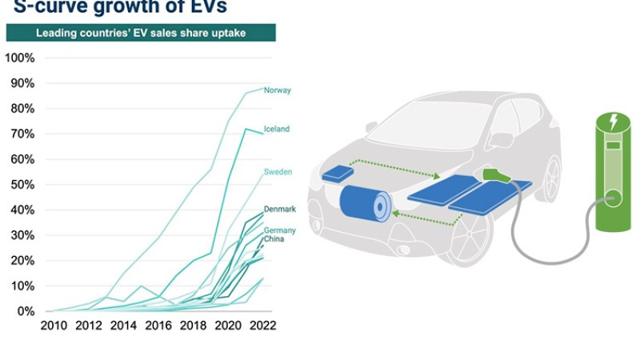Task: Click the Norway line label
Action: tap(277, 90)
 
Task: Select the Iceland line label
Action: tap(277, 129)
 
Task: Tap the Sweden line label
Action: tap(278, 172)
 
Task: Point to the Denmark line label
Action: tap(280, 210)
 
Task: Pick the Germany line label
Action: tap(280, 230)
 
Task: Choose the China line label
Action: tap(274, 238)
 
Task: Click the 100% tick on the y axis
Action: tap(19, 58)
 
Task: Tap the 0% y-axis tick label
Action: tap(25, 311)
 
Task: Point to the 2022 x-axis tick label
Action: tap(262, 326)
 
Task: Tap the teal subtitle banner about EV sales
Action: tap(141, 33)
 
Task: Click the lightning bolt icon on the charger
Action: tap(614, 122)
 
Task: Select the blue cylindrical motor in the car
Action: tap(366, 203)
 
